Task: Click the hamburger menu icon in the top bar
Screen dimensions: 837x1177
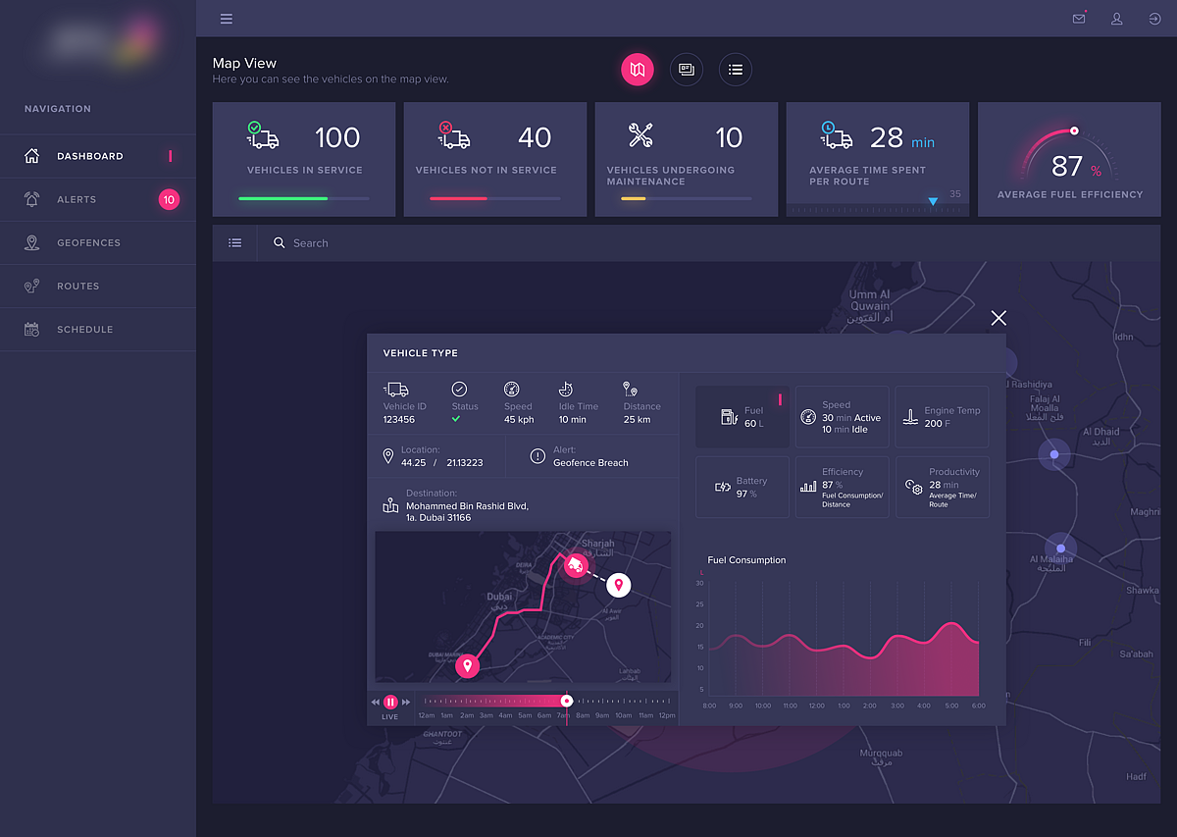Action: pos(227,19)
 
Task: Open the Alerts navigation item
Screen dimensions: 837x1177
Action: pos(77,199)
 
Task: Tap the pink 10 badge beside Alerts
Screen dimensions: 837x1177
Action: pos(169,200)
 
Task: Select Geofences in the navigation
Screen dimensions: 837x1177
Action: pos(88,242)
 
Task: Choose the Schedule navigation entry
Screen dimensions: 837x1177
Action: pos(84,330)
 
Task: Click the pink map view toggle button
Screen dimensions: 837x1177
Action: pos(638,70)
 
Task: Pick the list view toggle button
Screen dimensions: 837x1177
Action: pos(736,70)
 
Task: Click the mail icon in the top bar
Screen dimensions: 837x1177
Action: pos(1079,19)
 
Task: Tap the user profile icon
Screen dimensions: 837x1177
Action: pos(1116,19)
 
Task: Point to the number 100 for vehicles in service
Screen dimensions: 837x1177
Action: pos(337,138)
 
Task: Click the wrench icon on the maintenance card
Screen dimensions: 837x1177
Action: pos(641,135)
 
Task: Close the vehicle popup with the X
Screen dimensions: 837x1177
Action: pos(998,318)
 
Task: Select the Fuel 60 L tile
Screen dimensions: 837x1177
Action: pos(742,417)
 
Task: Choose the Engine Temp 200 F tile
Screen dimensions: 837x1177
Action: pos(942,417)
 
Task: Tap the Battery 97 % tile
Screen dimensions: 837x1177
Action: pos(742,487)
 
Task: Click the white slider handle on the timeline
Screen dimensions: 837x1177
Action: pos(566,701)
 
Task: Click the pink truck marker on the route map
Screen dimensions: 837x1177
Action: pos(575,565)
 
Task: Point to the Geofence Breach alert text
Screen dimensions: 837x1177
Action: pos(590,463)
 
